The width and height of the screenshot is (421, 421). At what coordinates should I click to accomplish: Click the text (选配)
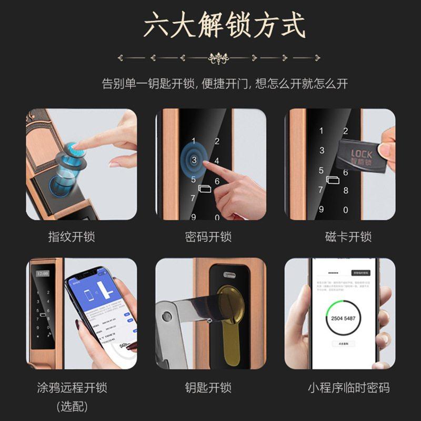72,406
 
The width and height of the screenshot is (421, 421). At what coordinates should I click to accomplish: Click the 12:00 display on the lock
42,274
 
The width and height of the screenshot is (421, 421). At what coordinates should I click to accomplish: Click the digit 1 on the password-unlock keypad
194,141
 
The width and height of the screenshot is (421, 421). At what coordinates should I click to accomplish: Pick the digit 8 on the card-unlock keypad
346,191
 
